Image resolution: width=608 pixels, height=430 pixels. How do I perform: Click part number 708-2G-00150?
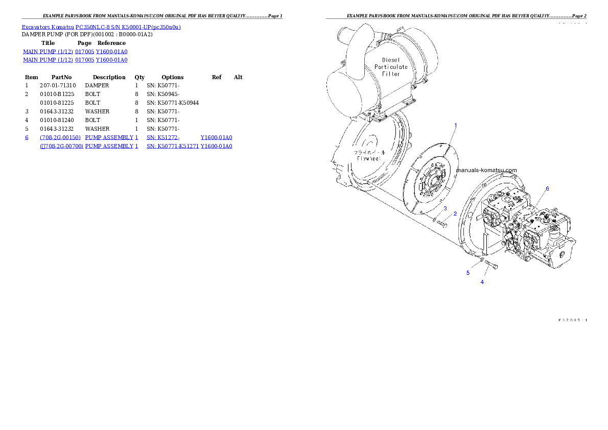point(60,138)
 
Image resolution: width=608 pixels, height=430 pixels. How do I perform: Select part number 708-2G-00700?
point(61,147)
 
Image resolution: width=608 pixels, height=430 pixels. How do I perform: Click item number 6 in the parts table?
point(27,138)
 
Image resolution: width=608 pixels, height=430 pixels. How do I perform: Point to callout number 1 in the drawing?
point(456,125)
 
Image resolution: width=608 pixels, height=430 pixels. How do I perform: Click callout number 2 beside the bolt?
point(455,213)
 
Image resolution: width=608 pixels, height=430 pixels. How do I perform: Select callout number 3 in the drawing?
point(445,208)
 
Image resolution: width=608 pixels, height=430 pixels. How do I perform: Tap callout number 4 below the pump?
point(482,281)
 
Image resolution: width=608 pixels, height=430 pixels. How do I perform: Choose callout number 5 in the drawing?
point(467,273)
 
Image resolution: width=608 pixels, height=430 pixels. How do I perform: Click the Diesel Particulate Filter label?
point(391,67)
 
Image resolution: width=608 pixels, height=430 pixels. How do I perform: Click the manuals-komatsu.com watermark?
point(486,170)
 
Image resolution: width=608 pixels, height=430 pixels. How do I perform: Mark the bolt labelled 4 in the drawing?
point(492,264)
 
